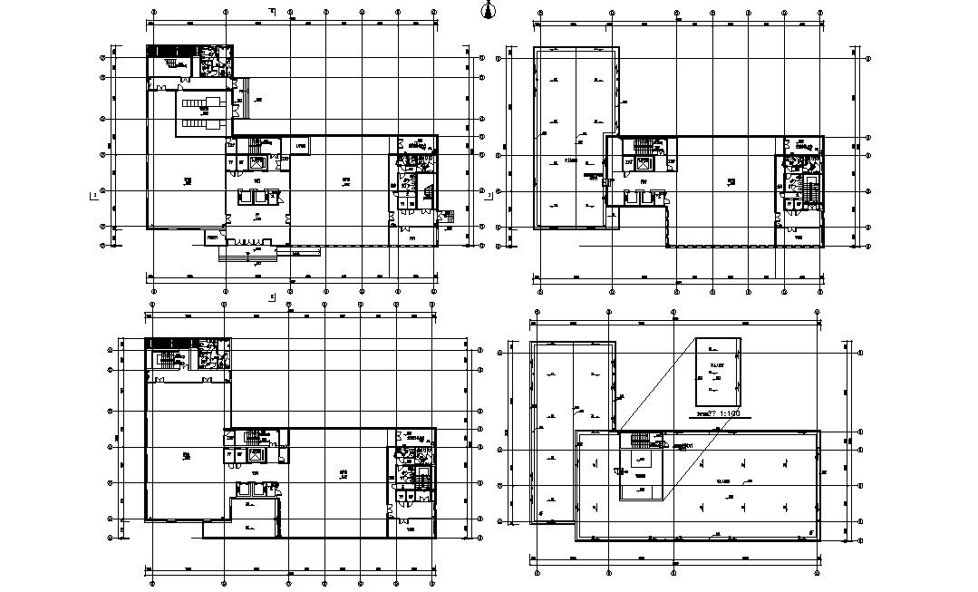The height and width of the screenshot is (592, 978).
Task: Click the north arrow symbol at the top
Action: [489, 10]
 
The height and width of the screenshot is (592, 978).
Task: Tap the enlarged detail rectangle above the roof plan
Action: [718, 372]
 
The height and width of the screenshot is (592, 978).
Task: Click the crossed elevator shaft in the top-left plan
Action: [258, 163]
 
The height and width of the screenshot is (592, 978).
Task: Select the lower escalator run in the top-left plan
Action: [201, 122]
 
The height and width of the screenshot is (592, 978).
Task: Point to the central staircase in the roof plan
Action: [641, 440]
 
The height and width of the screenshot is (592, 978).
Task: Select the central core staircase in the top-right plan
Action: [644, 145]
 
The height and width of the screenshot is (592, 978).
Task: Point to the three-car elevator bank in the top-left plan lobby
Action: [257, 195]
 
